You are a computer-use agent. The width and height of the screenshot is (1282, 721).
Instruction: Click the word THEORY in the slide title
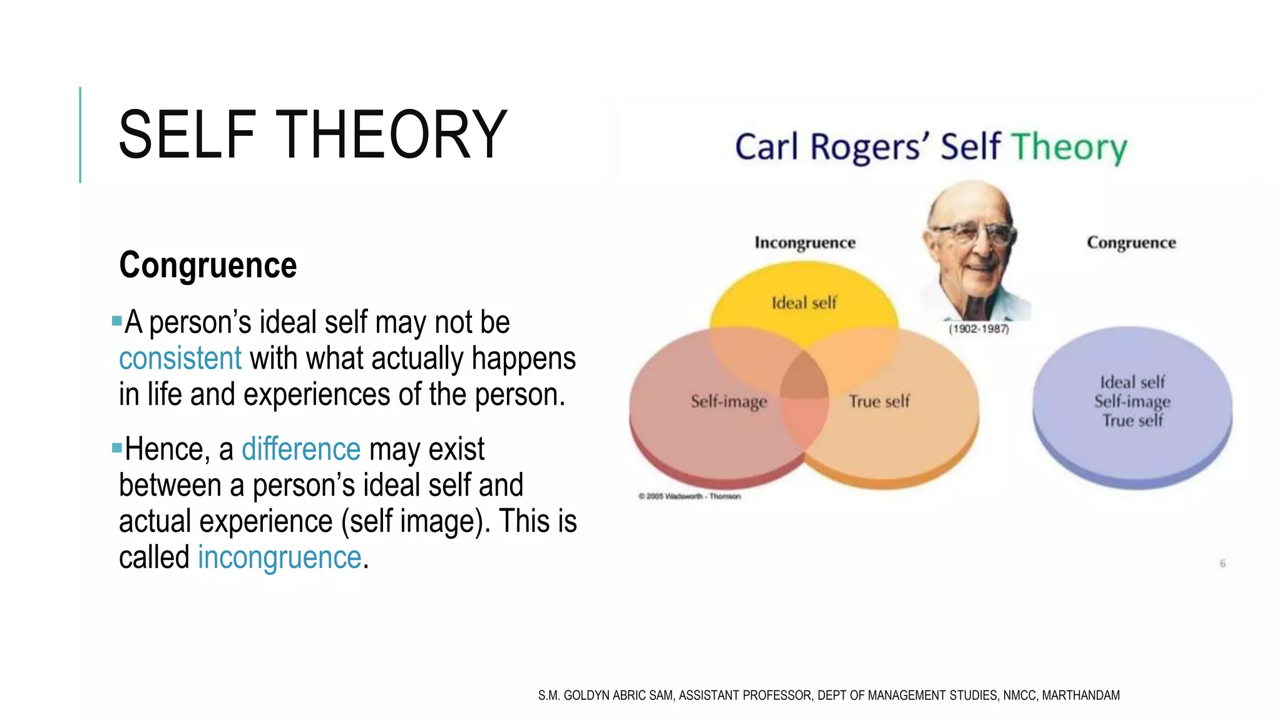click(x=391, y=135)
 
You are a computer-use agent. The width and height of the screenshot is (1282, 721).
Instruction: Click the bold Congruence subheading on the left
click(x=208, y=265)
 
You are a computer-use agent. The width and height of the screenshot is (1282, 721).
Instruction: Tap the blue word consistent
click(x=180, y=359)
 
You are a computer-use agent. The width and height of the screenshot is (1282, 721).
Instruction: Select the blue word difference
click(x=301, y=449)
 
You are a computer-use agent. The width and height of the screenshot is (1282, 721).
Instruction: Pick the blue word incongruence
click(x=279, y=557)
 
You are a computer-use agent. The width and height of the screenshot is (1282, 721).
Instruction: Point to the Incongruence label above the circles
click(x=804, y=243)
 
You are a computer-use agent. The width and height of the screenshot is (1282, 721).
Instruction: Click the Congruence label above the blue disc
click(x=1131, y=243)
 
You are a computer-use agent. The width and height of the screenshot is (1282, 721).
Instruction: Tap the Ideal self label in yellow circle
click(x=804, y=303)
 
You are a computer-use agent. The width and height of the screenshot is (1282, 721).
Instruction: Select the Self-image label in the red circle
click(x=729, y=401)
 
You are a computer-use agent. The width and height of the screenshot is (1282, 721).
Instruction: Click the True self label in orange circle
click(x=879, y=401)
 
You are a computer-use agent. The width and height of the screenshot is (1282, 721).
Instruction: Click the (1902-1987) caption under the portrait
click(x=978, y=329)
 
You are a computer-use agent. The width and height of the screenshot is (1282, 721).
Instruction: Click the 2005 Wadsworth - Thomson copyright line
click(x=689, y=496)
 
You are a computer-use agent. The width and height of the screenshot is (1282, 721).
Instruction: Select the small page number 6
click(x=1222, y=563)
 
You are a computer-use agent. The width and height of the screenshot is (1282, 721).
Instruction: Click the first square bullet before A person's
click(x=116, y=321)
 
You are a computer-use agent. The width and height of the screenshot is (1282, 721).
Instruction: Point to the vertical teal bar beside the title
click(x=80, y=135)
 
